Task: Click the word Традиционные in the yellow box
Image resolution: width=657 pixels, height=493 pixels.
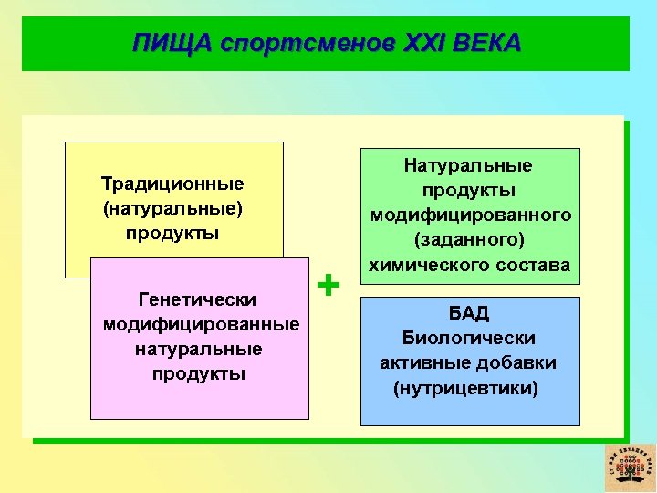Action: [172, 184]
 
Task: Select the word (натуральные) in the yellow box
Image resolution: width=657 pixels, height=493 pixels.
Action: [172, 208]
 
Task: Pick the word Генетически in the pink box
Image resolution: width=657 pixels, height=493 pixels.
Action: [196, 299]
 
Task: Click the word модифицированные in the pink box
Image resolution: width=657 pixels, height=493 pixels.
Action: [200, 324]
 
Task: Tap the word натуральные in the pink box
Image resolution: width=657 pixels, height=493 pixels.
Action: [198, 349]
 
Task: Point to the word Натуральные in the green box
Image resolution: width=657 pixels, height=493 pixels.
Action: [469, 165]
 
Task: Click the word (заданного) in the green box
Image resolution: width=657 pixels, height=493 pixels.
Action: [469, 240]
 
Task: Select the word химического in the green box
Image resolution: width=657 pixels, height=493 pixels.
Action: [426, 265]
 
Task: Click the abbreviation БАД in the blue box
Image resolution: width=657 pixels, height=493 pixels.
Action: [469, 313]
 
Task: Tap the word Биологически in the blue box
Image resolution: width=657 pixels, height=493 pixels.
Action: [469, 338]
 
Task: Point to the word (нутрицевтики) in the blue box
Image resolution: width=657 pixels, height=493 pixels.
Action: [465, 387]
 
